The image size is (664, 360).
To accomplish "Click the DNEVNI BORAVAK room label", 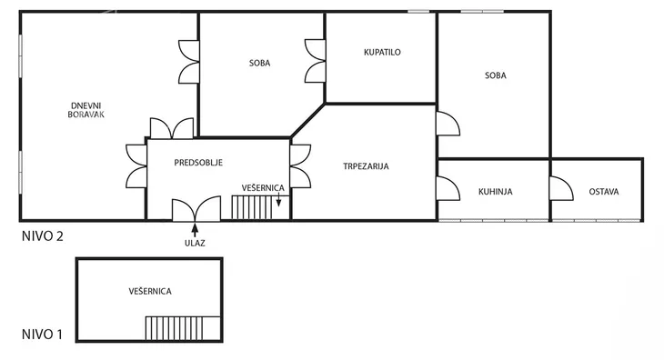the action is tap(86, 110).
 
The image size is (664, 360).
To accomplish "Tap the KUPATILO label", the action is tap(382, 53).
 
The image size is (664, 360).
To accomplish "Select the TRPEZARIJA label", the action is tap(366, 166).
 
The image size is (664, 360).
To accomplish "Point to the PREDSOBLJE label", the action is tap(198, 163).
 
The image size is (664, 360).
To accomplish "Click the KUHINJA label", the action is tap(496, 192).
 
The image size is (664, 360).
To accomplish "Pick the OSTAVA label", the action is tap(604, 192).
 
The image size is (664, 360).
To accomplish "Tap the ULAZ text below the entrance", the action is tap(195, 244).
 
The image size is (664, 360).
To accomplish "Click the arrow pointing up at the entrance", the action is tap(195, 230).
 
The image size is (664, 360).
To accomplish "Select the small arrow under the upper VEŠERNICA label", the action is tap(278, 199).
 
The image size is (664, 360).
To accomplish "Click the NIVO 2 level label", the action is tap(43, 236).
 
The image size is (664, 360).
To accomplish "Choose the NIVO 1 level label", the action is tap(42, 335).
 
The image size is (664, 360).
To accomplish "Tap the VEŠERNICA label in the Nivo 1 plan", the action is tap(150, 292).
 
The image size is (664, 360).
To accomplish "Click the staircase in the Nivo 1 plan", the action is tap(183, 328).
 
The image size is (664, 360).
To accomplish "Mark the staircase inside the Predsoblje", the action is tap(260, 207).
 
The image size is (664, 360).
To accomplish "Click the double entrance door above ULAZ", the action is tap(196, 209).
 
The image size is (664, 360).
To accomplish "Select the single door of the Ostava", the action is tap(561, 188).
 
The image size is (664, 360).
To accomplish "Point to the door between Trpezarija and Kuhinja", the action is tap(448, 188).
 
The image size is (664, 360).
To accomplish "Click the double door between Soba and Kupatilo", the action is tap(315, 61).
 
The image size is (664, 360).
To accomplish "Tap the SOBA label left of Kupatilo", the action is tap(259, 63).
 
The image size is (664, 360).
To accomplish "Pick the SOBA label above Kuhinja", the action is tap(496, 75).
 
